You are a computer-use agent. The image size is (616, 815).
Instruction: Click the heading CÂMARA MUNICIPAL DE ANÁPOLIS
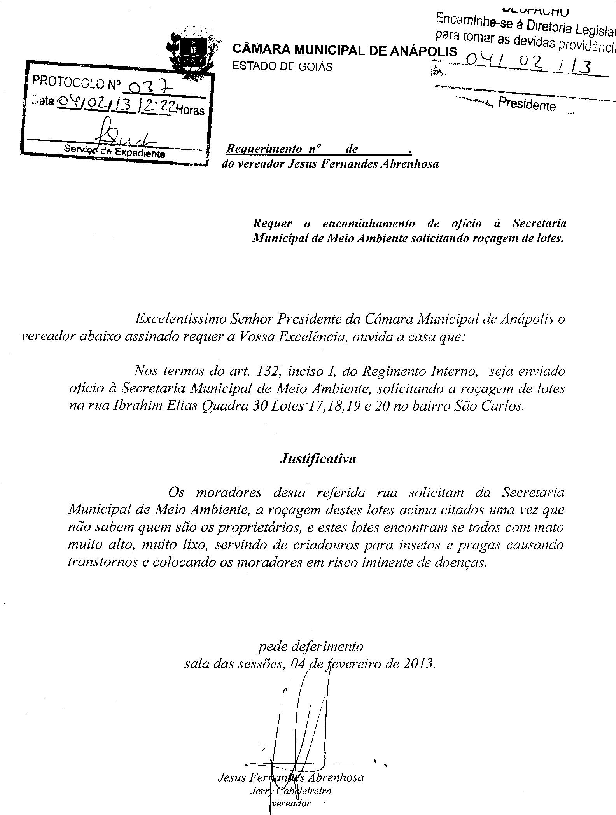point(345,50)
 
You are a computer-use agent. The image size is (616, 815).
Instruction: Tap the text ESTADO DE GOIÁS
point(282,66)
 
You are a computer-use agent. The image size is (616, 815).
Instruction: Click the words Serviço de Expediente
point(114,150)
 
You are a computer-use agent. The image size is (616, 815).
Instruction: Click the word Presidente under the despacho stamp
point(527,104)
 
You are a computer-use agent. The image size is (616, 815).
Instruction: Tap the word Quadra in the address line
point(225,406)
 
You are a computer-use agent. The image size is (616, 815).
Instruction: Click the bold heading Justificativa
point(318,459)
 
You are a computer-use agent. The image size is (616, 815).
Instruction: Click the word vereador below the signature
point(291,803)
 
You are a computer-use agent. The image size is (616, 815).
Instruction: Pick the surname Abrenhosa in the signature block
point(336,777)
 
